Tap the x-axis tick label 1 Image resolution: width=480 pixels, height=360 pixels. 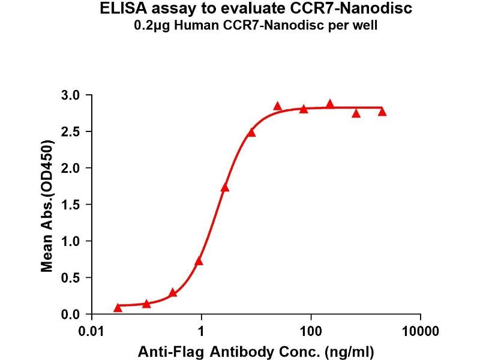(202, 331)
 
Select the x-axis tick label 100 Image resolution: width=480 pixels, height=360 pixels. (311, 331)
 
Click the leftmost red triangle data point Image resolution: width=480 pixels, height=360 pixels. (118, 308)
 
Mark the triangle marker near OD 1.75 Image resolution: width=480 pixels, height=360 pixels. (225, 187)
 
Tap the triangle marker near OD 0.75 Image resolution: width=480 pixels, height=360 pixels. (199, 261)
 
